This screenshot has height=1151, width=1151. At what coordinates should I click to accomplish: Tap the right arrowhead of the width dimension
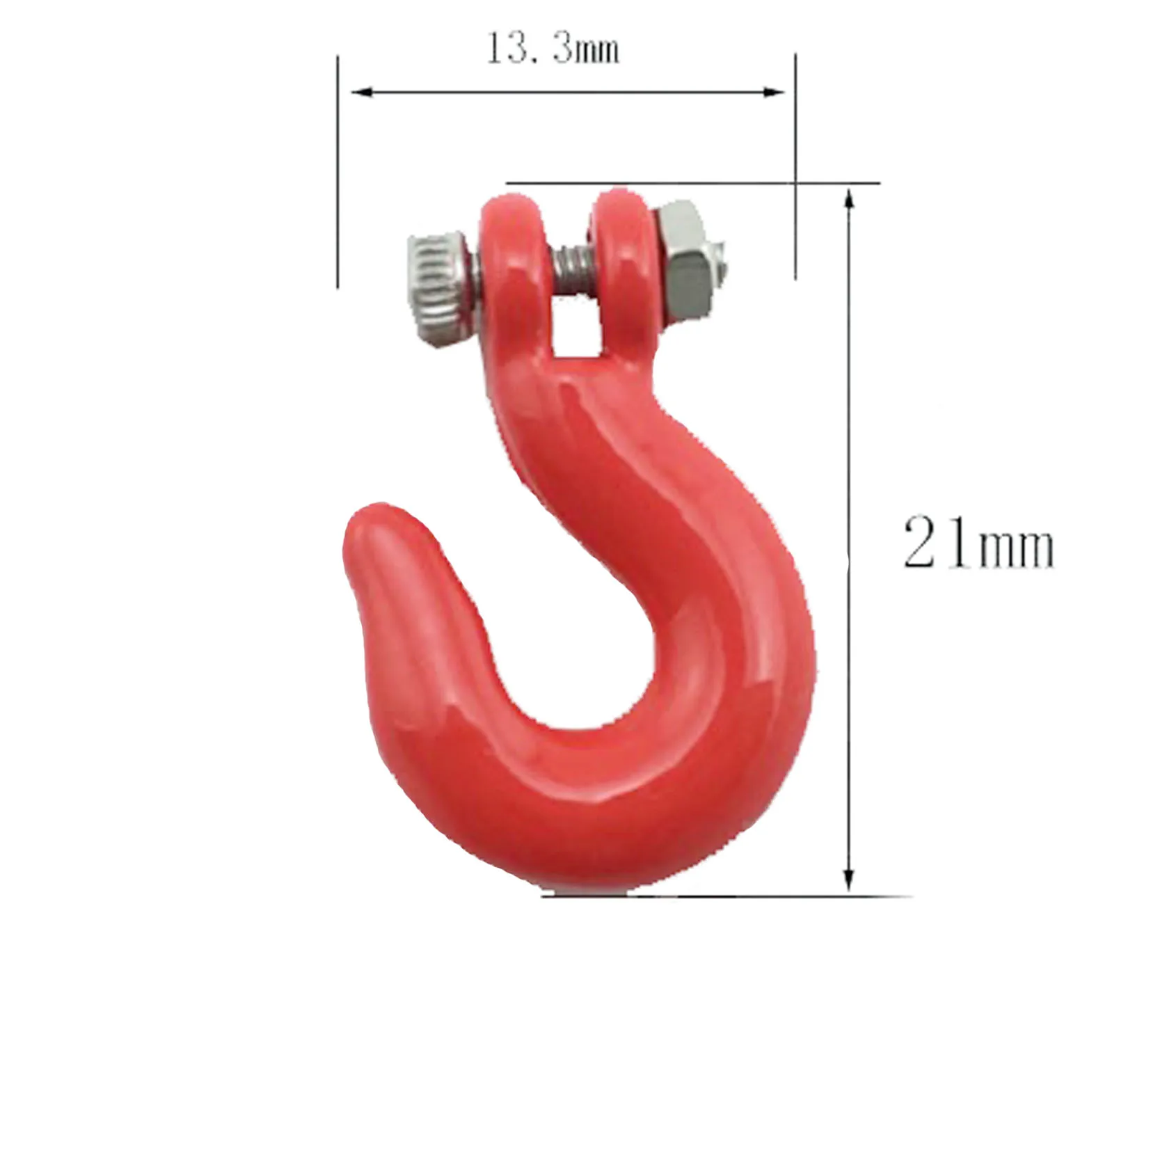[x=774, y=93]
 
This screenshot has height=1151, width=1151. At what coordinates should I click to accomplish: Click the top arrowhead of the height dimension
[x=848, y=200]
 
